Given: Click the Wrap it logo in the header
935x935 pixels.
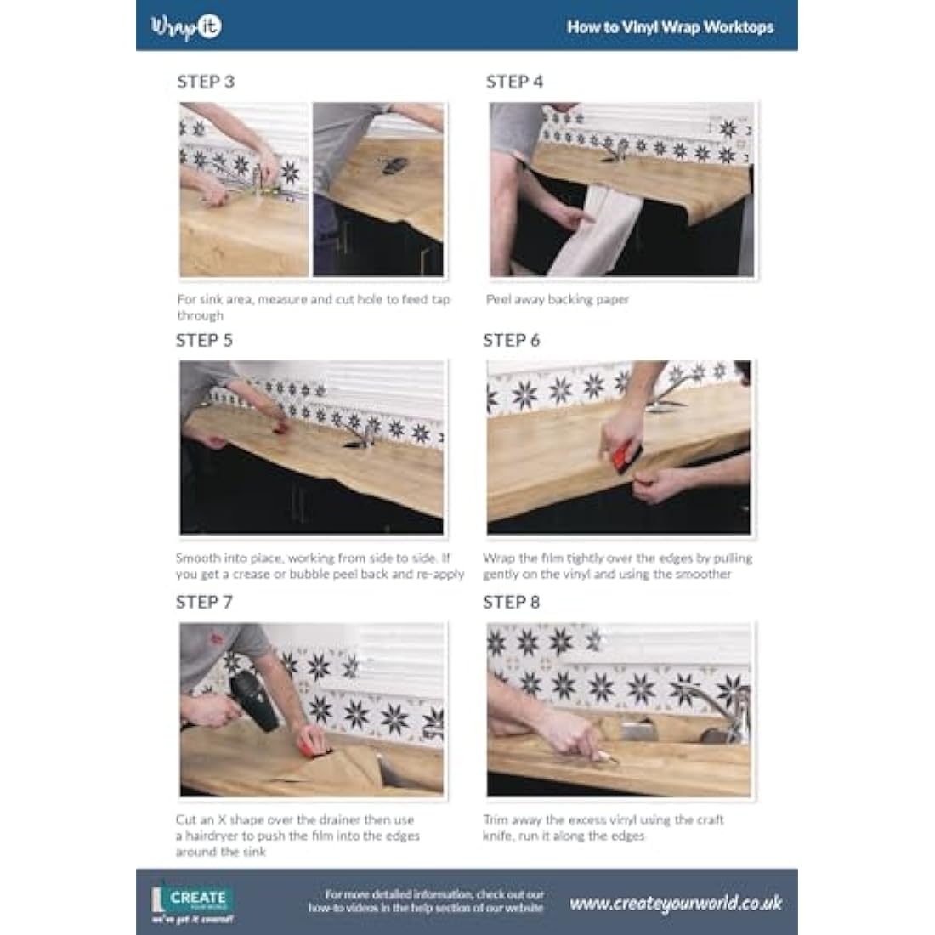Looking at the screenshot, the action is point(186,26).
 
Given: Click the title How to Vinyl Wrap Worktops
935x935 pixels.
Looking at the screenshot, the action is point(671,27).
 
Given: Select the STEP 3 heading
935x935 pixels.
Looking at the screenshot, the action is point(206,82).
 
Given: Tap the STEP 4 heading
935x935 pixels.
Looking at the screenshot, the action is point(514,82).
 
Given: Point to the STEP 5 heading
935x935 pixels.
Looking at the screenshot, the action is point(204,341).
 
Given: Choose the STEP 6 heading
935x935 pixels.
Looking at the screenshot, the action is point(512,341).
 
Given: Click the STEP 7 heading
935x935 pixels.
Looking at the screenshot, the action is point(204,603).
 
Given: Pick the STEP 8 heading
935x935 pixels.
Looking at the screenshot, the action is point(512,603).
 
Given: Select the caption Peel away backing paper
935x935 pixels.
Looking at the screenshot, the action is point(558,299).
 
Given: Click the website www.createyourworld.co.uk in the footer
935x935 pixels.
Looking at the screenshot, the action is point(676,904).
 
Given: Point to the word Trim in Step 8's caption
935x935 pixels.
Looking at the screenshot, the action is point(496,820).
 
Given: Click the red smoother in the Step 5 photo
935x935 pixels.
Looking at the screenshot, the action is point(280,427).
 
